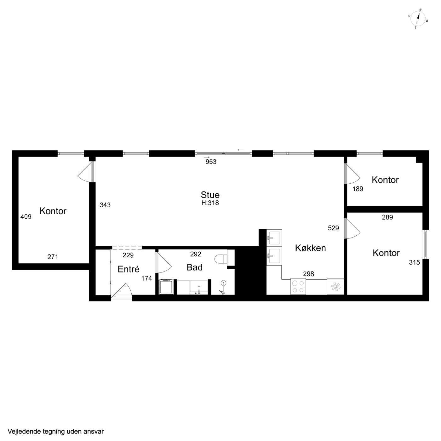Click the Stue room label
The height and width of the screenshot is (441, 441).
click(210, 195)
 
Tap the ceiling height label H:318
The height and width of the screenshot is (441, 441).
click(210, 203)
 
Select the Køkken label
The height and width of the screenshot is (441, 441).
click(310, 248)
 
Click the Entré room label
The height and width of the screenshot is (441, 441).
click(129, 269)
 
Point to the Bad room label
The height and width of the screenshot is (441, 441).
click(195, 267)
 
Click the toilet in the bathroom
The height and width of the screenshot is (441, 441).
click(221, 259)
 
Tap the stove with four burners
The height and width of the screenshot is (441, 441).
click(298, 286)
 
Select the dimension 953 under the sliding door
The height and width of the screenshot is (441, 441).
click(211, 162)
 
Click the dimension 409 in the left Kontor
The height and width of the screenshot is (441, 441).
click(26, 216)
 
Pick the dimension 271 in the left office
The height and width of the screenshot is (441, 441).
click(53, 257)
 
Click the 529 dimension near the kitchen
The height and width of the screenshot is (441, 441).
click(333, 228)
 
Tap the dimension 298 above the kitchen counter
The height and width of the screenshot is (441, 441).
click(308, 274)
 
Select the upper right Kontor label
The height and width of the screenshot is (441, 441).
click(385, 180)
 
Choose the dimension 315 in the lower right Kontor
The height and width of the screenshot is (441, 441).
click(414, 262)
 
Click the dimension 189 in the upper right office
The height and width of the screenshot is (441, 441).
click(358, 189)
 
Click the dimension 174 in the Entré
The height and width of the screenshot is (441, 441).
click(146, 278)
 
